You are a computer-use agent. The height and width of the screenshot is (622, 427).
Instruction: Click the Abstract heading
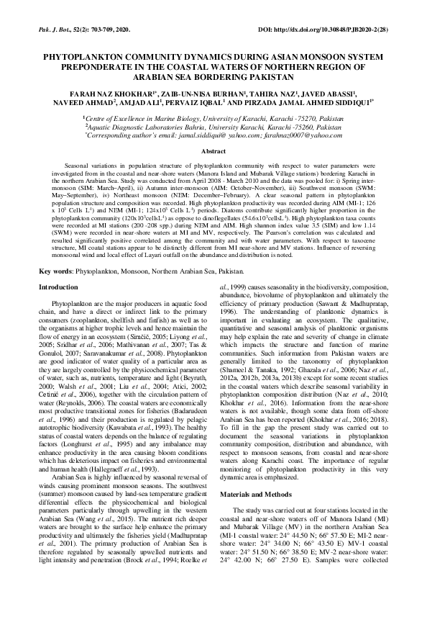(x=213, y=153)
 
